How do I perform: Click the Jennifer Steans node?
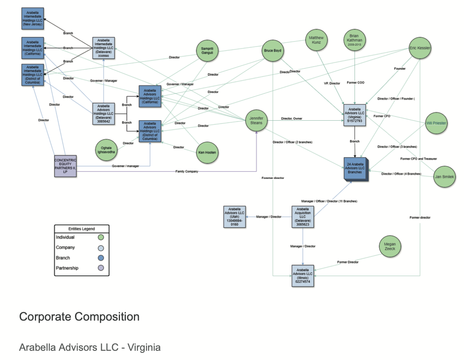(x=256, y=121)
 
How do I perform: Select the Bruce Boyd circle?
(x=273, y=51)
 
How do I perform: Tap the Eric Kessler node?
(x=420, y=49)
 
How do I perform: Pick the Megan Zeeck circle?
(x=390, y=246)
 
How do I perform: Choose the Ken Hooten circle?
(x=207, y=153)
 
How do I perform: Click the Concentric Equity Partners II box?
(x=66, y=166)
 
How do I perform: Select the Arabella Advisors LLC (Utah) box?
(x=234, y=217)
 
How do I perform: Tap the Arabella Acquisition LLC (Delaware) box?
(x=303, y=217)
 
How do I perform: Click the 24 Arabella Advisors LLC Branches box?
(x=355, y=168)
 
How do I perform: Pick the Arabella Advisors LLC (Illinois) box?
(x=303, y=275)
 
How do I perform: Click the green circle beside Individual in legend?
(x=100, y=238)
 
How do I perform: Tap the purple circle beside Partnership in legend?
(x=100, y=268)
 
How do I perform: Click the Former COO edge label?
(x=355, y=83)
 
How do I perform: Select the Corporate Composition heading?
(x=79, y=317)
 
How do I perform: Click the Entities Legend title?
(x=81, y=229)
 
